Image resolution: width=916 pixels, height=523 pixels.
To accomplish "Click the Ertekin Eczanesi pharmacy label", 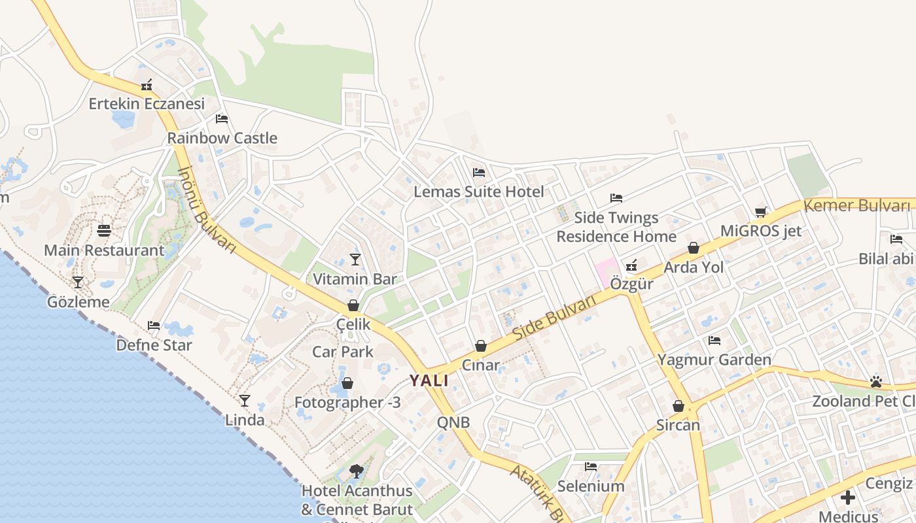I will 147,103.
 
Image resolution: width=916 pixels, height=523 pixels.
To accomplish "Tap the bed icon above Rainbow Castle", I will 222,119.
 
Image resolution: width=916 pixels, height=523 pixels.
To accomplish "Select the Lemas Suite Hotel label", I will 479,192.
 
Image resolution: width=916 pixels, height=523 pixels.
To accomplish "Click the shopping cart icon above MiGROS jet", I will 760,212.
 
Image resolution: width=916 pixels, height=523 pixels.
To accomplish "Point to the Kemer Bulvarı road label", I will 856,206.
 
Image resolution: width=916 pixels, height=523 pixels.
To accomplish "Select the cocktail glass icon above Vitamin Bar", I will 355,260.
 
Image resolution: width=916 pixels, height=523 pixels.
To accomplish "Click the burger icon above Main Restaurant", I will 104,231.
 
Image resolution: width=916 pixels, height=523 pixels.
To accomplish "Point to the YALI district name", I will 429,380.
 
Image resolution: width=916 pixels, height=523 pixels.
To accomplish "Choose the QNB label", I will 453,422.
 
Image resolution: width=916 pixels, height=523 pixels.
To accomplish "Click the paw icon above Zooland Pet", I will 876,381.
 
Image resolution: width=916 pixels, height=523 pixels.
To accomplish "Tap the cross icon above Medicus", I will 848,498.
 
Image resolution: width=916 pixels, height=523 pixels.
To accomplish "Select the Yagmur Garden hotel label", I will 714,360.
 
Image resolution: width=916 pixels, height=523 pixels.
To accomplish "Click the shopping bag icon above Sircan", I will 678,406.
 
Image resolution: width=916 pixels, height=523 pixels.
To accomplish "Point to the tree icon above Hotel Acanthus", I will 357,471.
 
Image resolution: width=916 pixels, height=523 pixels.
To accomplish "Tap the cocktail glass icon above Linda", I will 245,400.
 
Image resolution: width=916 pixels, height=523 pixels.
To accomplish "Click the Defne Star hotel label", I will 154,345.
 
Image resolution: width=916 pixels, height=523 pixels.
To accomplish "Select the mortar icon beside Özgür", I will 631,265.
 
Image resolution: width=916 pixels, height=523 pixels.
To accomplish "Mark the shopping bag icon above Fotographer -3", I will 347,383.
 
